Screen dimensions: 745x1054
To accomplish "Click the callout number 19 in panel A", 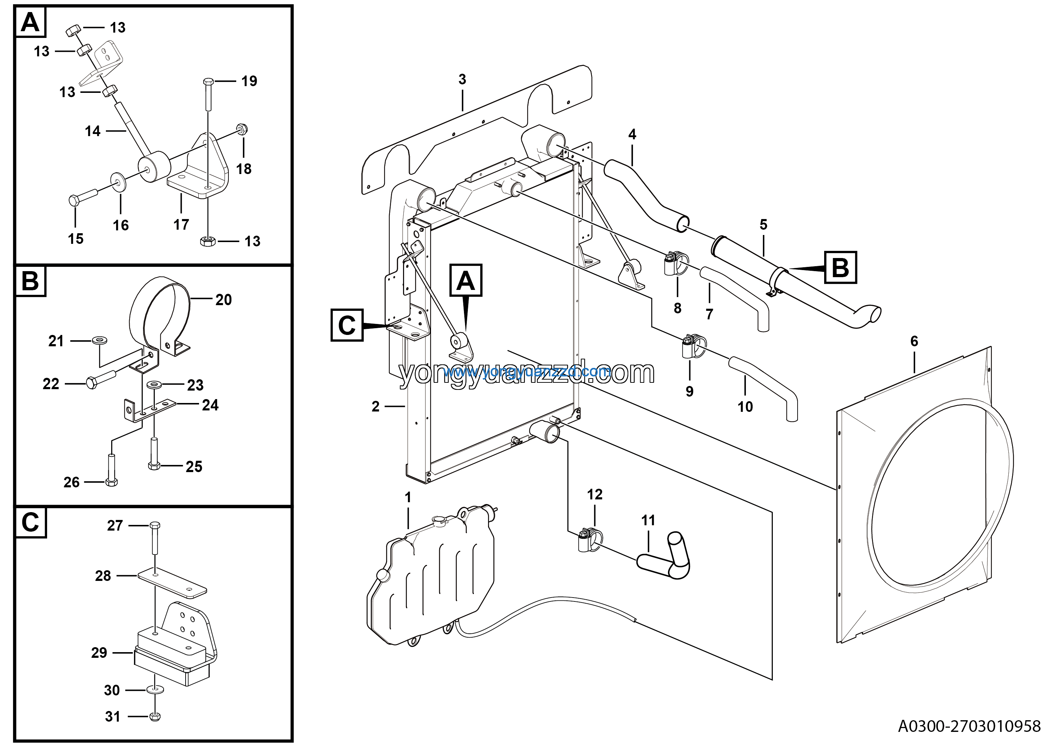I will [x=249, y=81].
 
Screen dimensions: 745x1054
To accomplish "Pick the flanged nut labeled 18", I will [x=242, y=129].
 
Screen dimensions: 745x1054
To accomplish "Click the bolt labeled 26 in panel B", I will [x=112, y=468].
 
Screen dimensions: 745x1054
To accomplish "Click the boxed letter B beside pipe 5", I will [x=840, y=267].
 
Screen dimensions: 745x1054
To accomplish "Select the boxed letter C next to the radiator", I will [x=347, y=325].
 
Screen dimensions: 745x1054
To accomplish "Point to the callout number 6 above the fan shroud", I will [x=914, y=341].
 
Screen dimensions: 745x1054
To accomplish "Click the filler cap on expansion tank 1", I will [x=439, y=520].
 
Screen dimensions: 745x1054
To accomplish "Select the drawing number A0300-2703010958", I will [x=969, y=726].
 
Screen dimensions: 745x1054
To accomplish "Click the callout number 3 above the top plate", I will [x=462, y=79].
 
